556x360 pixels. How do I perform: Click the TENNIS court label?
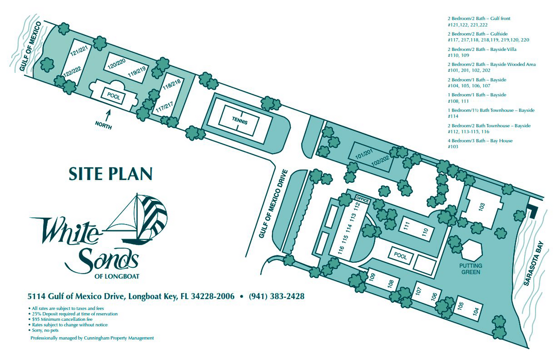239,122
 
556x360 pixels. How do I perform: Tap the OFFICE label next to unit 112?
363,198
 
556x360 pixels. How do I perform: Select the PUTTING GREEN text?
471,269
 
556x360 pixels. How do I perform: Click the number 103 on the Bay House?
482,207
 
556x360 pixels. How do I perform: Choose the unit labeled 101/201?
363,152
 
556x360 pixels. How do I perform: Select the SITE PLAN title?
110,174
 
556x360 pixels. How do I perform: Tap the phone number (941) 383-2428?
276,297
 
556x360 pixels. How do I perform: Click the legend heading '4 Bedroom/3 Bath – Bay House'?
480,141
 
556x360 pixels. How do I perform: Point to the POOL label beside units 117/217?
113,95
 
